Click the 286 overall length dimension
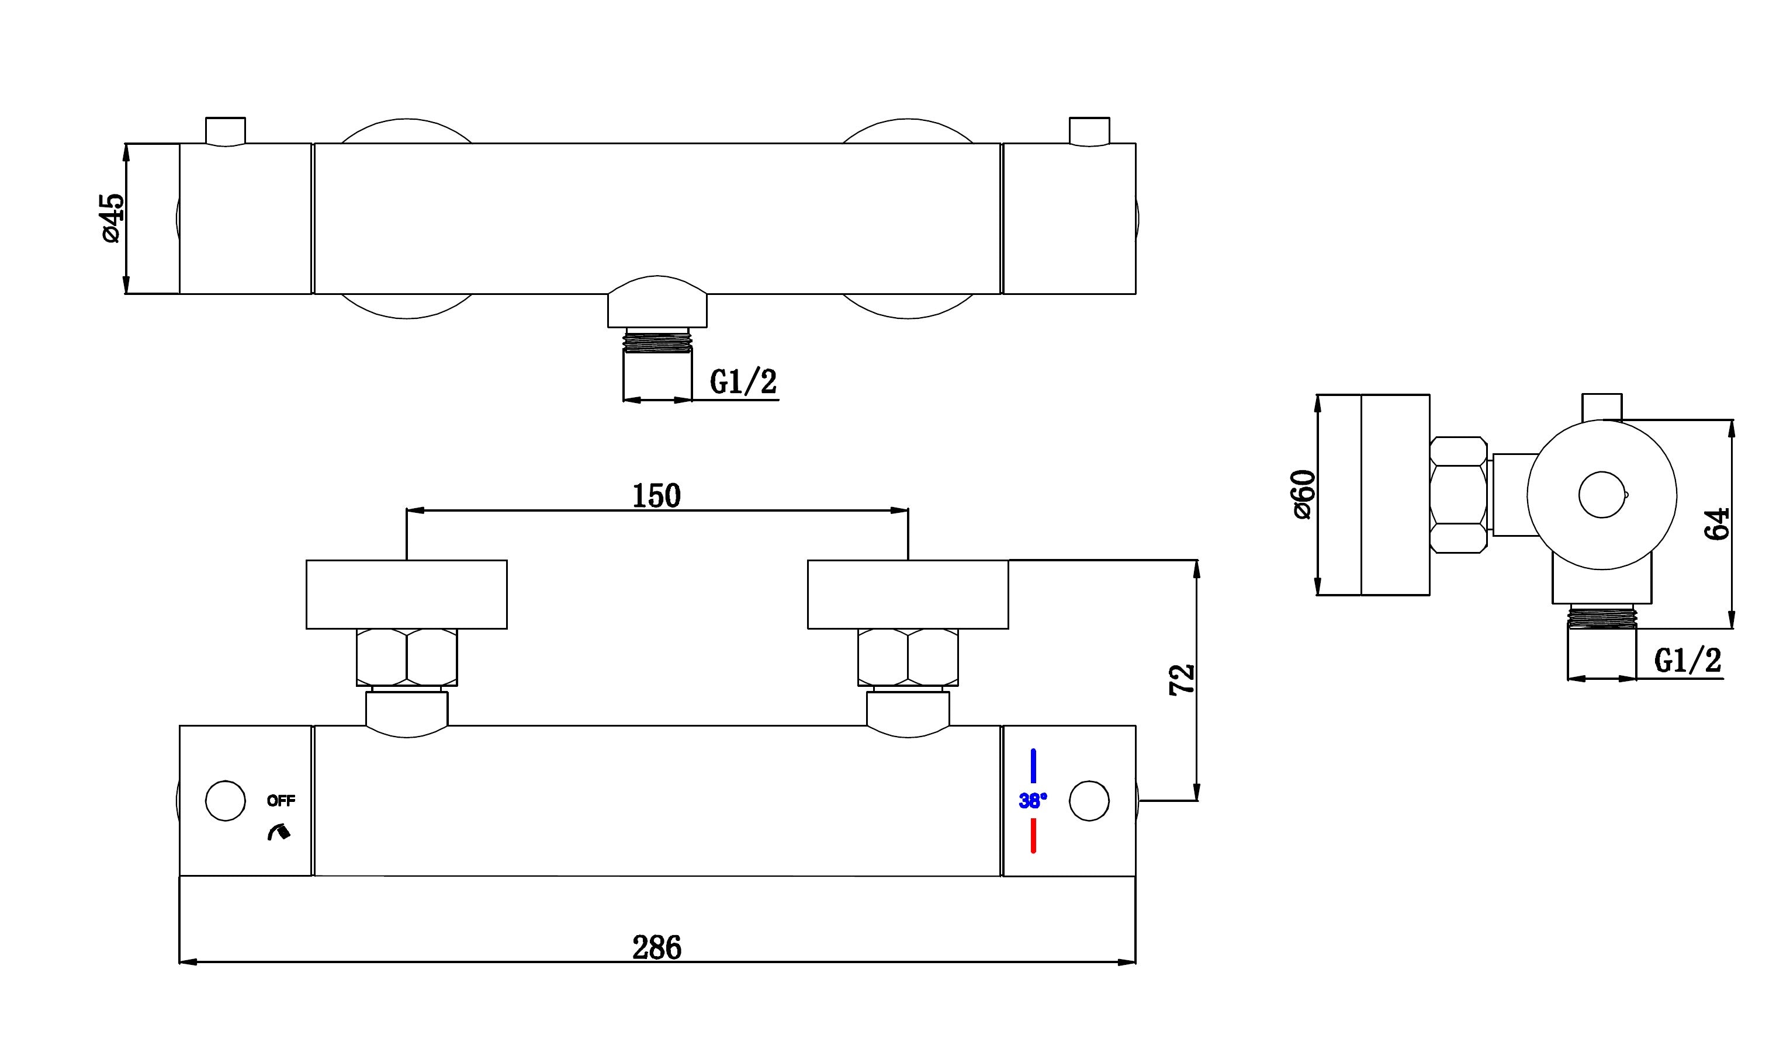point(657,947)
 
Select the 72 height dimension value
point(1182,680)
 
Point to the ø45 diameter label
point(113,218)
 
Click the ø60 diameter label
point(1303,495)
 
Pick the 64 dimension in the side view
point(1717,523)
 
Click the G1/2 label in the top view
point(743,382)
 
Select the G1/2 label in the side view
point(1688,661)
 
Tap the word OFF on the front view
point(281,801)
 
